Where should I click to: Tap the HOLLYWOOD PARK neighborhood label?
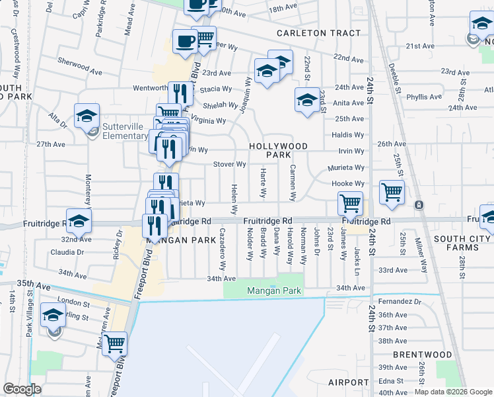coord(278,150)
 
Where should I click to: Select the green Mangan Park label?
coord(274,290)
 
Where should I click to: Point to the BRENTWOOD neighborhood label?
coord(422,355)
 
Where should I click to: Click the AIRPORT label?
coord(348,382)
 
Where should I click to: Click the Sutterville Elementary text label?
coord(125,131)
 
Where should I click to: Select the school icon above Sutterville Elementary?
coord(87,116)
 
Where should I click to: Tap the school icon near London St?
coord(53,316)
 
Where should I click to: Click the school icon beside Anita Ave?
coord(307,100)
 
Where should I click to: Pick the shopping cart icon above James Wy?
coord(349,202)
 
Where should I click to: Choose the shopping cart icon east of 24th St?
coord(392,192)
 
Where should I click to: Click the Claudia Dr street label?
coord(67,252)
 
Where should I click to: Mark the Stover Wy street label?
coord(230,164)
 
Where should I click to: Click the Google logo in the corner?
coord(22,389)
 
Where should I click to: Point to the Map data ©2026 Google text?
coord(452,392)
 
